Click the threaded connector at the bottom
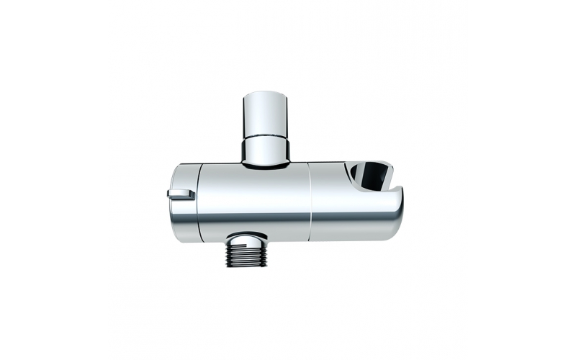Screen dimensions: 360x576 [246, 254]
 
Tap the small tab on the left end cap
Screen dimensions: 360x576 [180, 194]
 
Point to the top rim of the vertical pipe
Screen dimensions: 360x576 [266, 94]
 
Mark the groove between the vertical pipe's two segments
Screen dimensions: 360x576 [266, 138]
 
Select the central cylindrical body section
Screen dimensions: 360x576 [256, 198]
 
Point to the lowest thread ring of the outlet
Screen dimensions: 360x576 [246, 264]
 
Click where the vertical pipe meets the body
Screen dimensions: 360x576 [266, 165]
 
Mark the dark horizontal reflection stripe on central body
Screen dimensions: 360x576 [256, 217]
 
